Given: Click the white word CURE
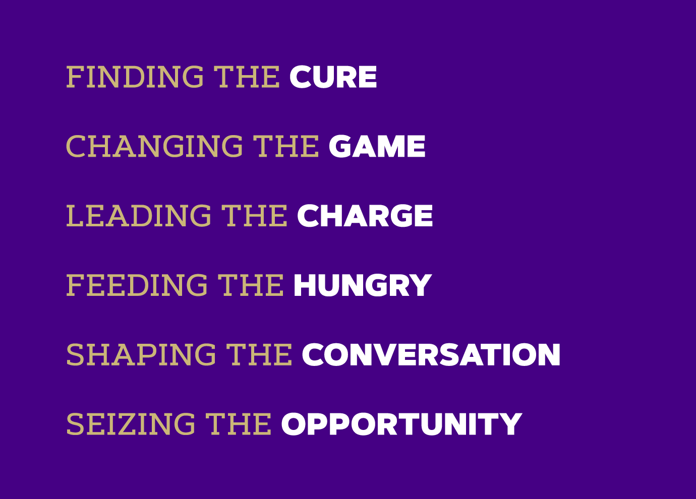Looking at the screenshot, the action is click(333, 77).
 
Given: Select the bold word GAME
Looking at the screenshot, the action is click(377, 146).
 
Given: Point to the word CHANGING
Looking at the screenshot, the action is click(154, 146).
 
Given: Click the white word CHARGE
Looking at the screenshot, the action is click(365, 216).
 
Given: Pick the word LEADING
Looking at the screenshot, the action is click(139, 216).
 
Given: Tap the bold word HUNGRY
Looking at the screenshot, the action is click(363, 285).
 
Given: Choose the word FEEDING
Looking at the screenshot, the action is click(137, 285).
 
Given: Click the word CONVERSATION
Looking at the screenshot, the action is click(431, 355).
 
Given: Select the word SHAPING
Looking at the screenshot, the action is click(141, 355).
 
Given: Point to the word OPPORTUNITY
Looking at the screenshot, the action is click(402, 424).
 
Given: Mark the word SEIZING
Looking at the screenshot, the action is click(131, 424).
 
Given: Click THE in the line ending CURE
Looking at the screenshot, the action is click(247, 77).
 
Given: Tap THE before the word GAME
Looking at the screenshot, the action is click(286, 146).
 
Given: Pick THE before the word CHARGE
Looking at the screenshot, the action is click(254, 216).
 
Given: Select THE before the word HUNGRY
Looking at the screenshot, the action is click(251, 285).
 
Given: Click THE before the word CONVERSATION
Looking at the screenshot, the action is click(259, 355).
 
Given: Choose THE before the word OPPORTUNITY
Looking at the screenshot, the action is click(239, 424).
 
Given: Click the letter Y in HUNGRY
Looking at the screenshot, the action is click(421, 285).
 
